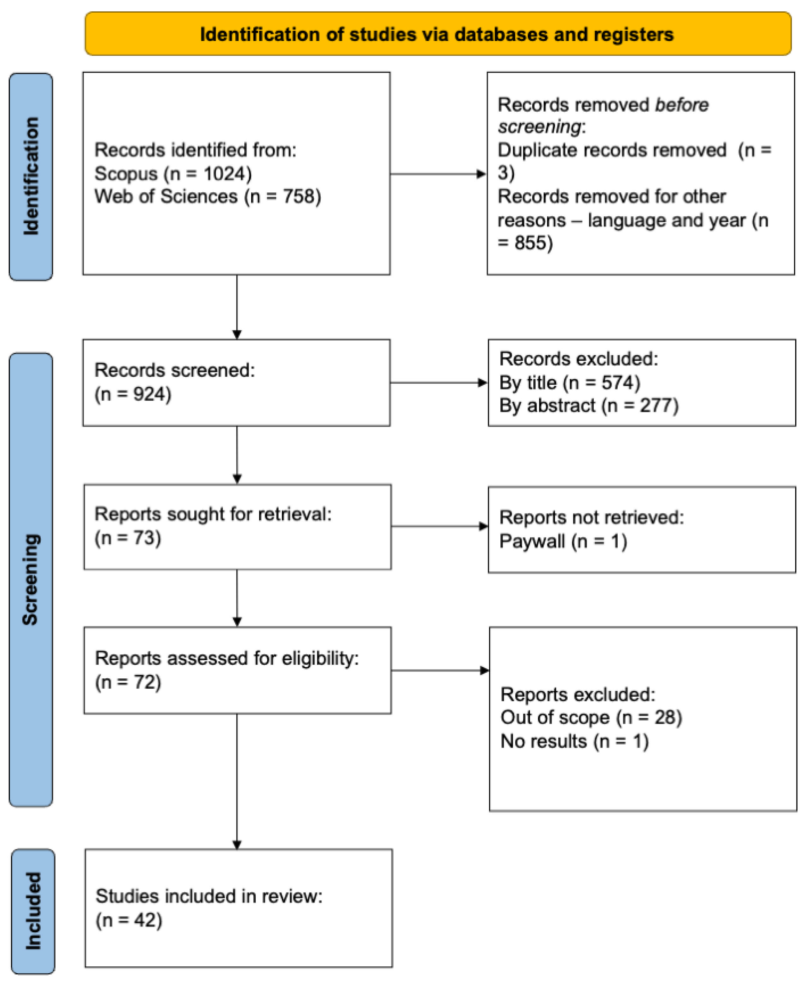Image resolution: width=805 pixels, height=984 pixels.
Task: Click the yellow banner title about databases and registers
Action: pyautogui.click(x=436, y=35)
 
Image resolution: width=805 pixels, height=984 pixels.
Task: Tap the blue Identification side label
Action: pyautogui.click(x=31, y=176)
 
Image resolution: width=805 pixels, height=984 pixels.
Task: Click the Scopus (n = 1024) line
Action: pyautogui.click(x=173, y=174)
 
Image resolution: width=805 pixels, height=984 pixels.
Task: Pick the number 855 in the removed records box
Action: pyautogui.click(x=533, y=243)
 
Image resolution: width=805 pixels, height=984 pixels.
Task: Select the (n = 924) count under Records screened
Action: pyautogui.click(x=133, y=394)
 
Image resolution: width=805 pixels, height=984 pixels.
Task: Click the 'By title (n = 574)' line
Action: pyautogui.click(x=569, y=383)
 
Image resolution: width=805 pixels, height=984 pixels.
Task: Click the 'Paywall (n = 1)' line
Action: pyautogui.click(x=563, y=541)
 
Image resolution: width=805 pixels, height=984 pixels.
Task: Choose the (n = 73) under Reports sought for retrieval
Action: pyautogui.click(x=128, y=538)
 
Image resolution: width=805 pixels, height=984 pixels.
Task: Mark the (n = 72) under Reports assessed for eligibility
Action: pyautogui.click(x=128, y=682)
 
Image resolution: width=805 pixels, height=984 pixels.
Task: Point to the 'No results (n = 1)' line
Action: pyautogui.click(x=574, y=741)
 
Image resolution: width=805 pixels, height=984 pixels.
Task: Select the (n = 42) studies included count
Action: pyautogui.click(x=129, y=920)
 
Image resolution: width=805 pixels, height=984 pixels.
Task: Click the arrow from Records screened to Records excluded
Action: pyautogui.click(x=438, y=383)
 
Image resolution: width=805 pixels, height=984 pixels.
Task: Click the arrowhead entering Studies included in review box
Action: pyautogui.click(x=237, y=845)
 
